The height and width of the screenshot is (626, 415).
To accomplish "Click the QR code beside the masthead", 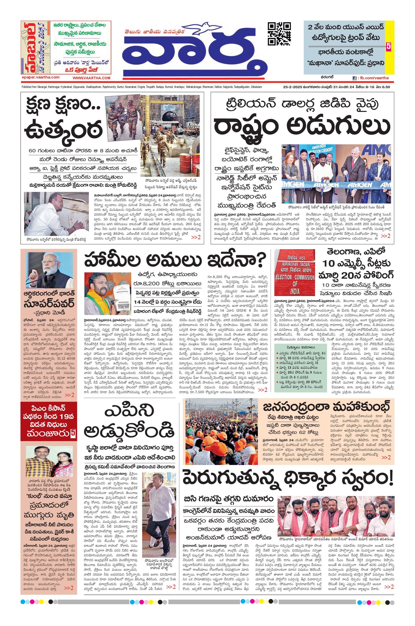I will (279, 33).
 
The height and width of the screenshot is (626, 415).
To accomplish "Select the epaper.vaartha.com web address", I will (40, 77).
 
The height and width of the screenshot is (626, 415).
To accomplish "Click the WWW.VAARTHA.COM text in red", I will (91, 78).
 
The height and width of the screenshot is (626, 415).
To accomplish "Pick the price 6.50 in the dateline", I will (386, 87).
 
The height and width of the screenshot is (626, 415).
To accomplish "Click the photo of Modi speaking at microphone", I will (49, 270).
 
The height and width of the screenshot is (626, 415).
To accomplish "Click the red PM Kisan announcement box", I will (49, 421).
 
